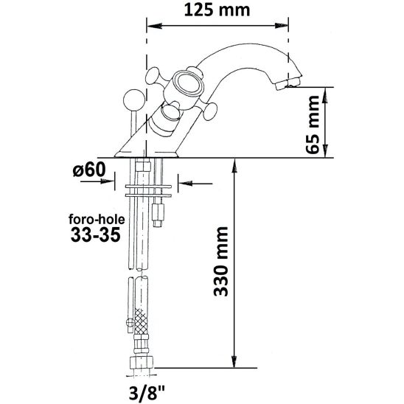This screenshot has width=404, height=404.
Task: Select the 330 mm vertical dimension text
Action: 219,263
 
